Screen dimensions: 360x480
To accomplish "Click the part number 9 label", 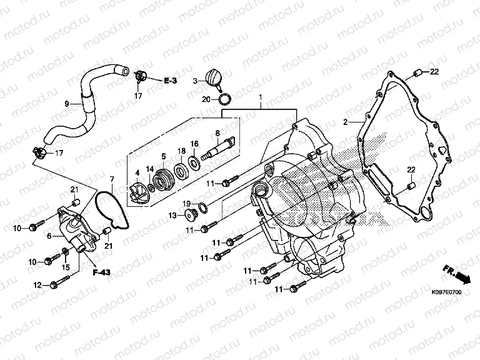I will pos(66,103).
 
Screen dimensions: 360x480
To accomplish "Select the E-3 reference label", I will pos(171,81).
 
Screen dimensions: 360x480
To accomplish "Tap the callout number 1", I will pos(262,98).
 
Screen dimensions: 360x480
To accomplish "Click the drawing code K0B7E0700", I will pos(446,292).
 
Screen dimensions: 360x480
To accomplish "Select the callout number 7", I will pos(112,179).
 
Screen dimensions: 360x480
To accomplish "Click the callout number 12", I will pos(37,285).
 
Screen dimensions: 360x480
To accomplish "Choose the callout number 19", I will pos(186,204).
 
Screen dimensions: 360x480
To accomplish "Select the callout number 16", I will pos(194,144).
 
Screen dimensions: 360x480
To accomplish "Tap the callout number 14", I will pos(150,169).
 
